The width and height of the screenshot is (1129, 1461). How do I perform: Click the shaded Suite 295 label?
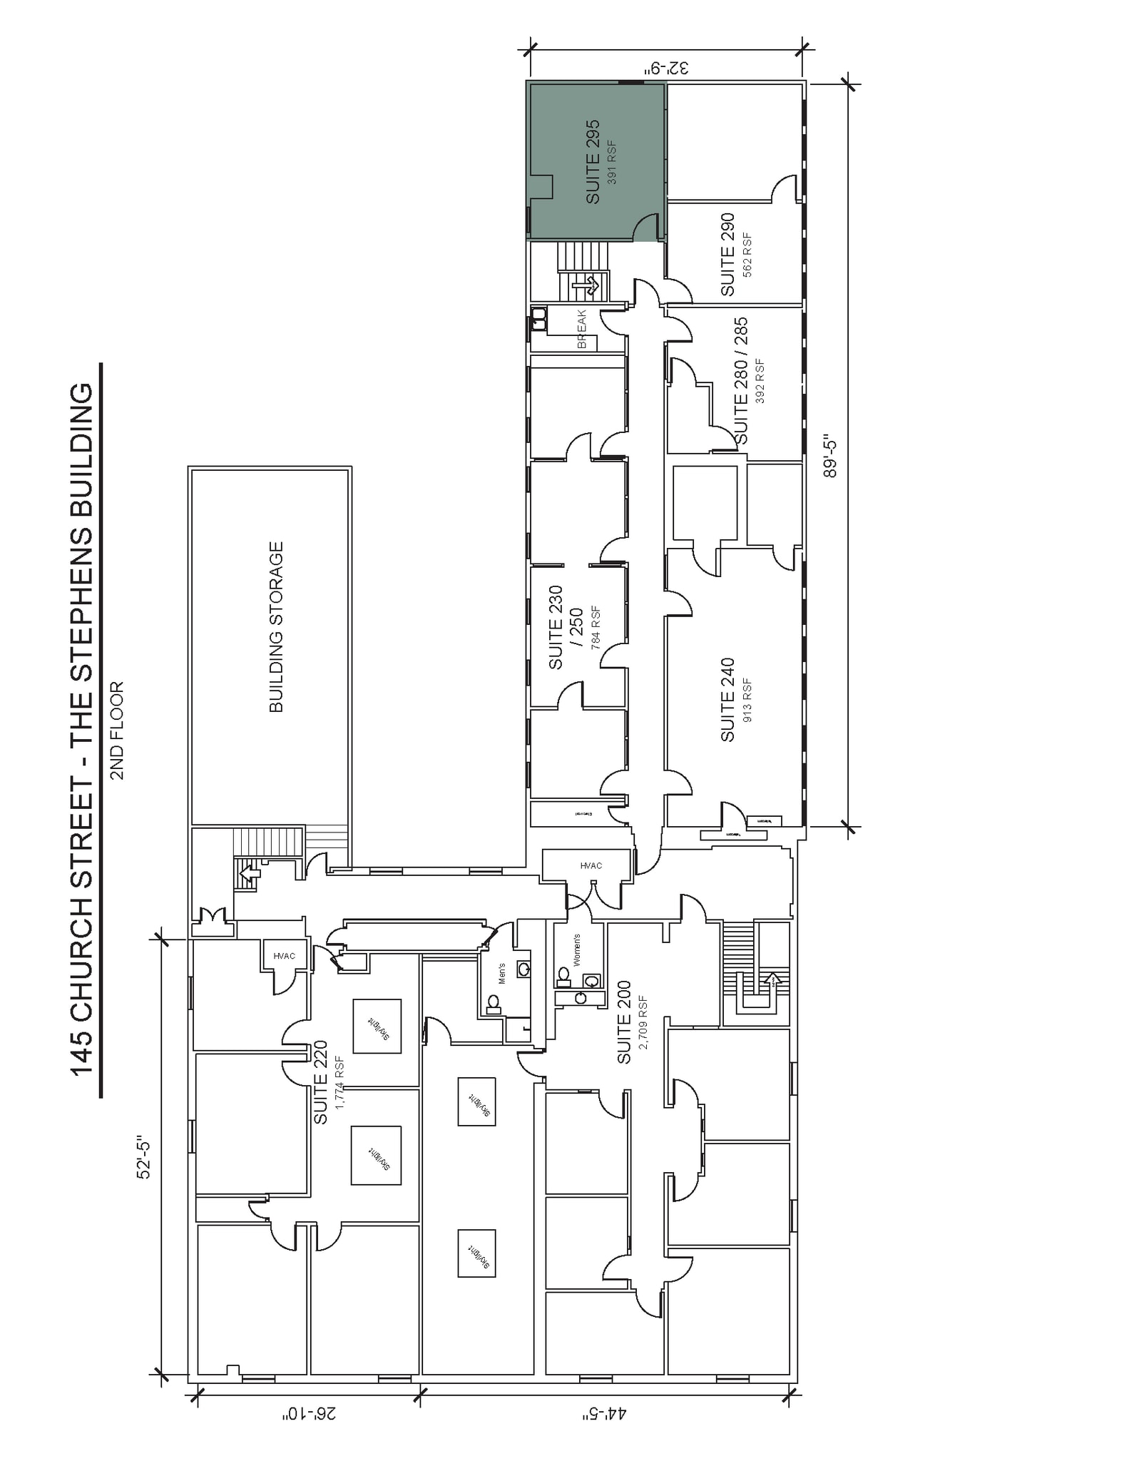click(593, 162)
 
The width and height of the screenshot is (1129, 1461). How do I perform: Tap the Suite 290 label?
click(727, 254)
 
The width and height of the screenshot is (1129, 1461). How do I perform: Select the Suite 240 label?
click(727, 699)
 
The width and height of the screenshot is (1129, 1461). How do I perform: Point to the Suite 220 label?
click(321, 1082)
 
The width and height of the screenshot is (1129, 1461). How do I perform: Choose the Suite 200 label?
click(624, 1022)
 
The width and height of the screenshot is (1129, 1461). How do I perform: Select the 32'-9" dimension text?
click(668, 68)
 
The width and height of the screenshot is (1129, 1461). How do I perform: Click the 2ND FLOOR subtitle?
click(117, 730)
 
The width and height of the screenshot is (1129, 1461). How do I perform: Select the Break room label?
click(581, 329)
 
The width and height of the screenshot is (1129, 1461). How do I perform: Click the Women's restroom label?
click(576, 950)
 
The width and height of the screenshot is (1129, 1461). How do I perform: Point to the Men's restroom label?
click(501, 973)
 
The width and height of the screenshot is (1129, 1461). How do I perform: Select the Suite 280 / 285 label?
click(741, 380)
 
